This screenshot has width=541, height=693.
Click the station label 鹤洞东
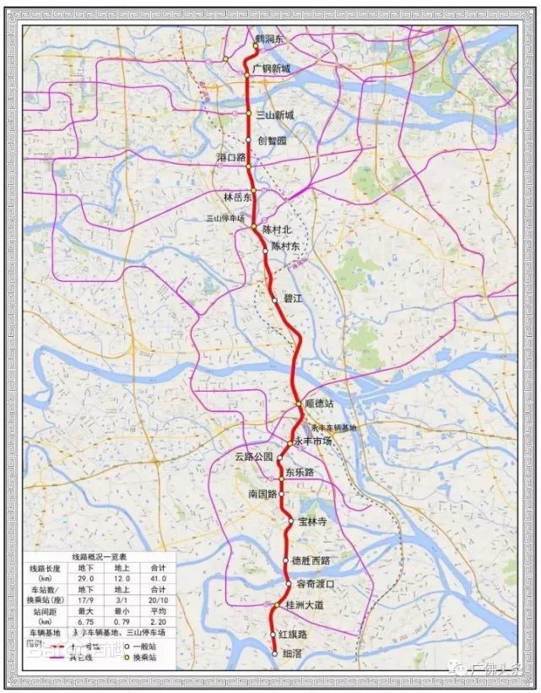pyautogui.click(x=271, y=39)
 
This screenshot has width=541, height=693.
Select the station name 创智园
pyautogui.click(x=273, y=141)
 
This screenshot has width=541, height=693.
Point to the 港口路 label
pyautogui.click(x=230, y=158)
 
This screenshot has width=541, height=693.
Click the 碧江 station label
pyautogui.click(x=292, y=299)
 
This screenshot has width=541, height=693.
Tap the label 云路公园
pyautogui.click(x=254, y=457)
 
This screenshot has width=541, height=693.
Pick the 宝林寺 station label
pyautogui.click(x=311, y=522)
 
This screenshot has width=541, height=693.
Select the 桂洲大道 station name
pyautogui.click(x=307, y=606)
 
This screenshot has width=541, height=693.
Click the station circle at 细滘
pyautogui.click(x=274, y=652)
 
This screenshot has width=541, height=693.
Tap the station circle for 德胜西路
pyautogui.click(x=285, y=560)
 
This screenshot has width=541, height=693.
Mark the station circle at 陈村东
pyautogui.click(x=265, y=250)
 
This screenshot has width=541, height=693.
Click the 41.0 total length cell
pyautogui.click(x=158, y=578)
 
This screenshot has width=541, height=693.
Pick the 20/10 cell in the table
pyautogui.click(x=158, y=598)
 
